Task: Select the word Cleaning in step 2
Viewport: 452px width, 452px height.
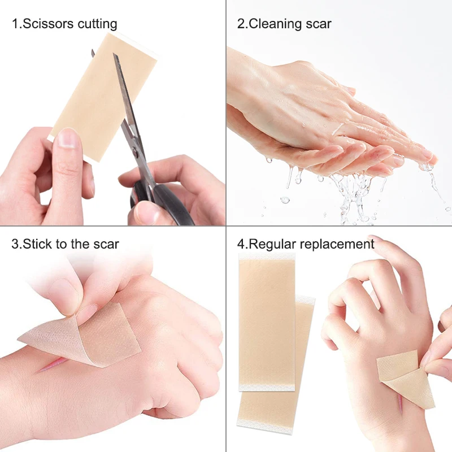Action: (275, 24)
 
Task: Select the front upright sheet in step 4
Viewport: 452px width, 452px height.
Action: (267, 319)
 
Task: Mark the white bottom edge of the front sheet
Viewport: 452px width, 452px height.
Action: (267, 386)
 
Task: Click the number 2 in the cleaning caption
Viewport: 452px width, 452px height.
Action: (241, 24)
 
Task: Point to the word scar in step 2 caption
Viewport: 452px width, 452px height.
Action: (319, 24)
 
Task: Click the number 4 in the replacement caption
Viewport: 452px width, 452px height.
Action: (241, 244)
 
